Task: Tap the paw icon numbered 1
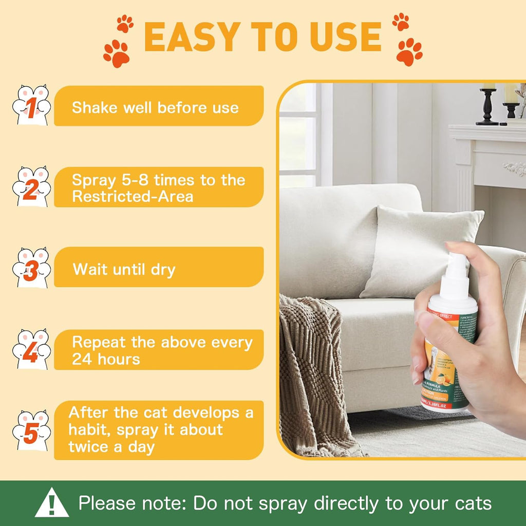click(31, 106)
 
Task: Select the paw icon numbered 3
click(31, 268)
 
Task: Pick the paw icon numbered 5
click(31, 430)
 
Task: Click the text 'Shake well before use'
click(155, 108)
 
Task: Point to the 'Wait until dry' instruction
click(124, 269)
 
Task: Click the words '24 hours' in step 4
click(106, 359)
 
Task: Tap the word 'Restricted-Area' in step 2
click(133, 197)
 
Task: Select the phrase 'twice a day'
click(111, 446)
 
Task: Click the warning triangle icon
click(51, 504)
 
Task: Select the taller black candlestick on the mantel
click(487, 105)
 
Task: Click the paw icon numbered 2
click(31, 187)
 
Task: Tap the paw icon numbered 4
click(31, 349)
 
